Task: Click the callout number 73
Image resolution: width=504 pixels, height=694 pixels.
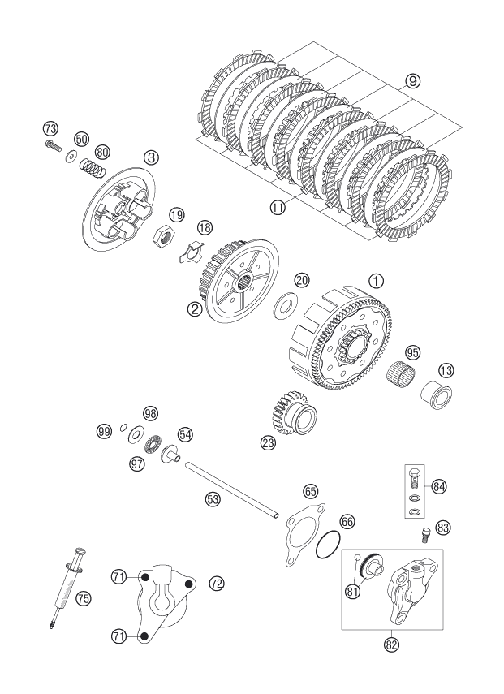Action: tap(50, 129)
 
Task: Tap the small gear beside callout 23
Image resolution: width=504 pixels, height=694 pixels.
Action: tap(290, 415)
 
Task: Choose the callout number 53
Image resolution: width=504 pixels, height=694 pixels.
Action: tap(213, 499)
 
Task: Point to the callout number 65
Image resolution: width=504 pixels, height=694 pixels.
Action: tap(312, 491)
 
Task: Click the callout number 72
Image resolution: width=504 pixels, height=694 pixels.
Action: tap(217, 584)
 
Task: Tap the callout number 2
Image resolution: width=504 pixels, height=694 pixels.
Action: tap(194, 309)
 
